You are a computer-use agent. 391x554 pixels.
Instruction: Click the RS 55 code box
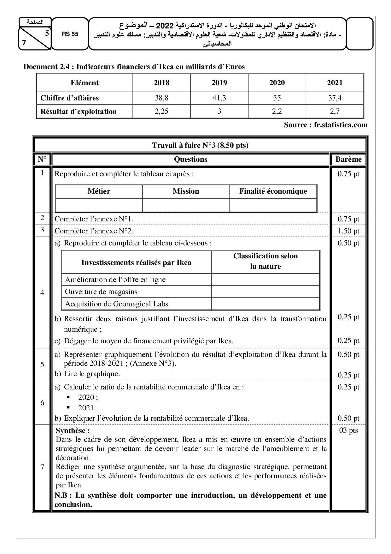tap(70, 34)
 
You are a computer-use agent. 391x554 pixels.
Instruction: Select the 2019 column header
tap(219, 83)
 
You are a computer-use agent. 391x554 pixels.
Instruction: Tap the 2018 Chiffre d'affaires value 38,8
tap(161, 98)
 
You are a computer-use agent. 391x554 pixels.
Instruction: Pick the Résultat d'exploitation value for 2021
tap(335, 111)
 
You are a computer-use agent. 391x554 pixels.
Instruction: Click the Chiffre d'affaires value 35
tap(277, 98)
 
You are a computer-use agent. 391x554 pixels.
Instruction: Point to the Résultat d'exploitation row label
tap(79, 111)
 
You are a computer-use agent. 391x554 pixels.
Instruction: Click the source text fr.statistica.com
tap(326, 125)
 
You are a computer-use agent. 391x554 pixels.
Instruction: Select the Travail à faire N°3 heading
tap(200, 145)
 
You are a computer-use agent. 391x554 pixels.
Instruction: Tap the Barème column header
tap(348, 159)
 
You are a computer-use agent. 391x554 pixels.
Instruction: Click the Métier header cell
tap(99, 191)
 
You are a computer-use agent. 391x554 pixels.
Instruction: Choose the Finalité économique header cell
tap(273, 191)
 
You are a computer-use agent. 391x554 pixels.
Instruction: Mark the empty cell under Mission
tap(186, 205)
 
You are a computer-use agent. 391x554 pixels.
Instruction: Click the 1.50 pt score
tap(348, 231)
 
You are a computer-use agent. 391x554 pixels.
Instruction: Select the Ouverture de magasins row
tap(101, 292)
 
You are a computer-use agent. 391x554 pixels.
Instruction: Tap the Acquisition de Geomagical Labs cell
tap(117, 304)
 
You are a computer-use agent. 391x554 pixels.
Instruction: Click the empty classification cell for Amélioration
tap(266, 280)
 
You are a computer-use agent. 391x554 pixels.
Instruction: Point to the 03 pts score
tap(348, 430)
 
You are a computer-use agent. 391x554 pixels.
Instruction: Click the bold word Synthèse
tap(73, 431)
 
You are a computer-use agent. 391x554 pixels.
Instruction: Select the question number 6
tap(42, 403)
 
